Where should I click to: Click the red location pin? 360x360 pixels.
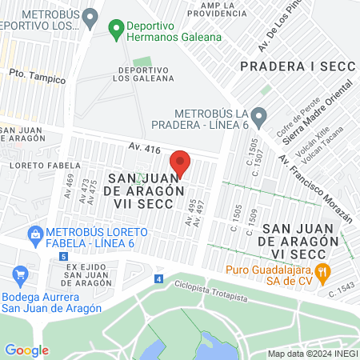tap(180, 162)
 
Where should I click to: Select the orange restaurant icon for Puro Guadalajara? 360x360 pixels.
tap(323, 271)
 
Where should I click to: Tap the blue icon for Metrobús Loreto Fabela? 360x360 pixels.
tap(34, 233)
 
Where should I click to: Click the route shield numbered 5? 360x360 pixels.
tap(63, 256)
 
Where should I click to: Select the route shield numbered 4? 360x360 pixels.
tap(158, 279)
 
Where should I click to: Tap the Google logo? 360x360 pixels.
tap(26, 350)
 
